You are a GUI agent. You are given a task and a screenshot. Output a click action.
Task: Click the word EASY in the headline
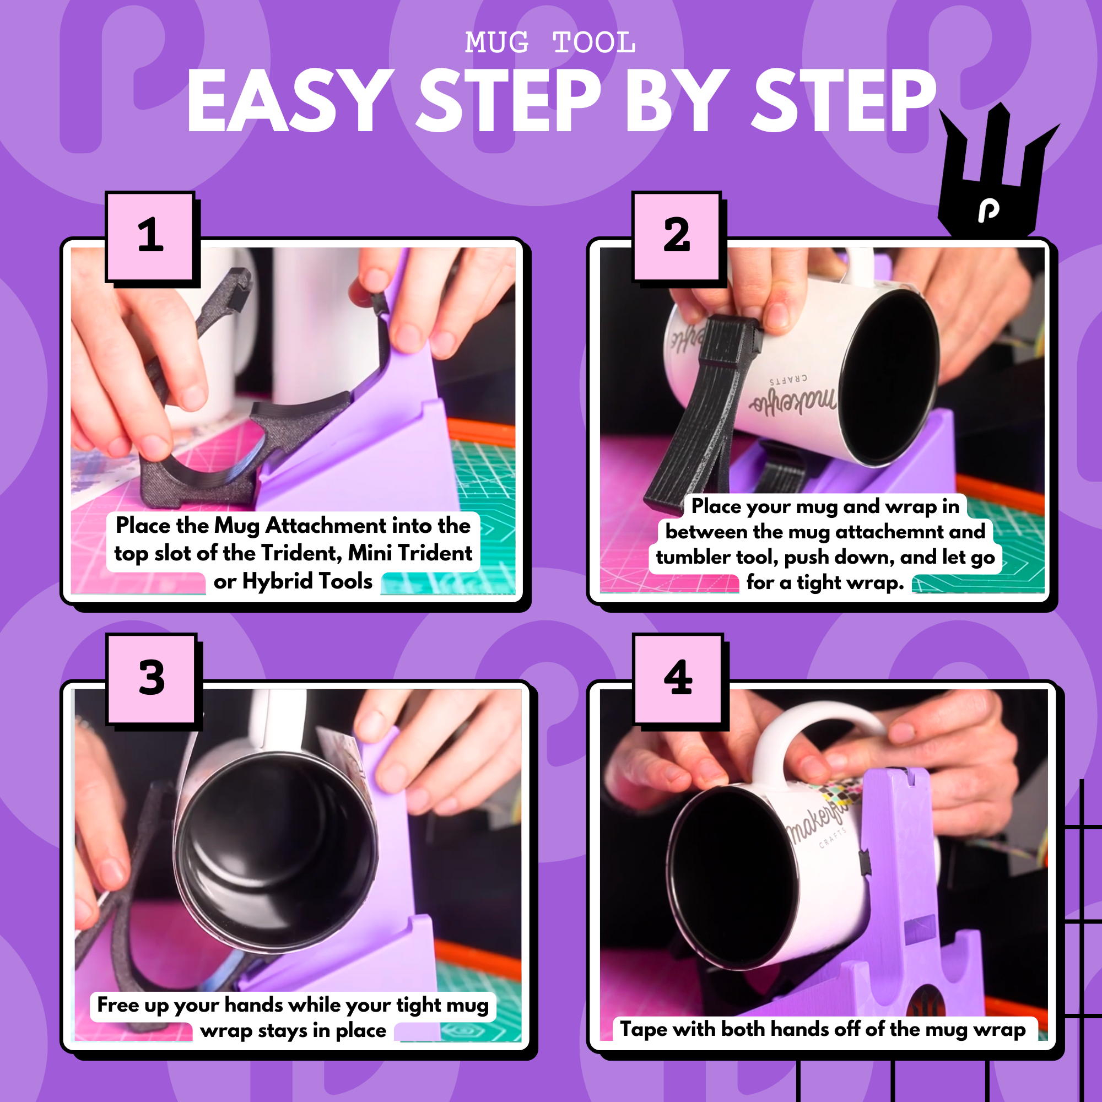click(291, 100)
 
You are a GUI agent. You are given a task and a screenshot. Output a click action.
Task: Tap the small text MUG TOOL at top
click(550, 43)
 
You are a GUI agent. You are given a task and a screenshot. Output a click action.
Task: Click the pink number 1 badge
click(150, 236)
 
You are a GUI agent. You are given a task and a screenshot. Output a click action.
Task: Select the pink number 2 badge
click(677, 236)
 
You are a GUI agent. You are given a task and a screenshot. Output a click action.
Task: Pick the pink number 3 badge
click(151, 679)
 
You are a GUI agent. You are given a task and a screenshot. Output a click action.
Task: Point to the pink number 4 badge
click(678, 679)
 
